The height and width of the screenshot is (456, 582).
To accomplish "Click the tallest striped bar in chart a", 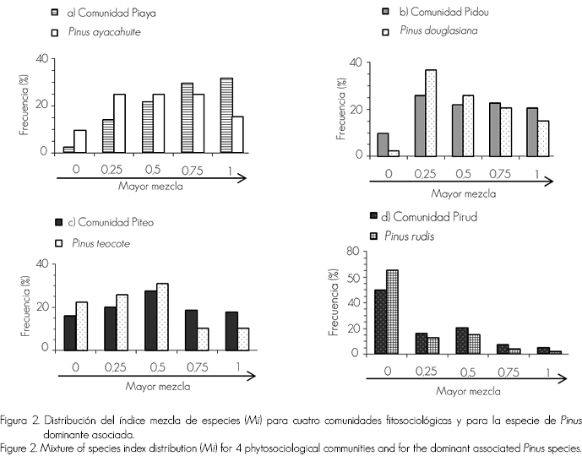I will [x=226, y=115].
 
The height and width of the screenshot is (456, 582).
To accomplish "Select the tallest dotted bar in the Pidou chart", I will [x=430, y=112].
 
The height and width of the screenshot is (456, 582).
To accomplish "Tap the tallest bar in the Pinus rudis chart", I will [x=392, y=312].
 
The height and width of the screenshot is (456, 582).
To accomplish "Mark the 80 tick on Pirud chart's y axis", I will [x=353, y=252].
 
